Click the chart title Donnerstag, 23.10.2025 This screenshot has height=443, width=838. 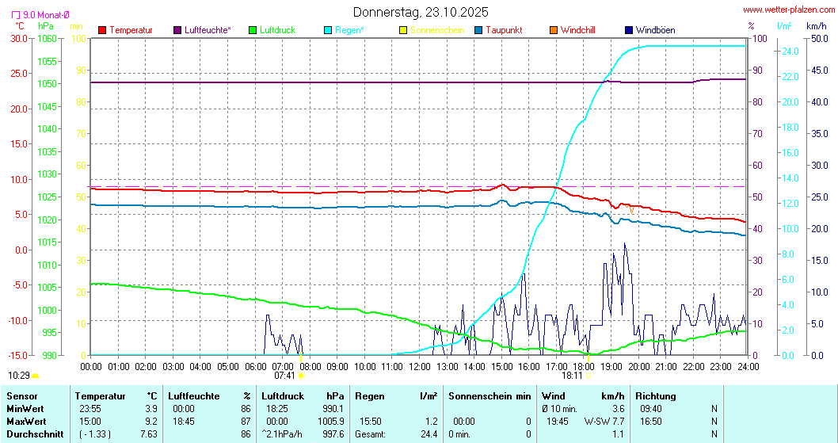click(x=420, y=12)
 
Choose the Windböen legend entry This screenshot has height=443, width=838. click(x=655, y=30)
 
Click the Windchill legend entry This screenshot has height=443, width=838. click(x=577, y=30)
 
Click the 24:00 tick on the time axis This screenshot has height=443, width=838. click(x=746, y=367)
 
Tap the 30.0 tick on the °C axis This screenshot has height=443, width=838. click(x=19, y=38)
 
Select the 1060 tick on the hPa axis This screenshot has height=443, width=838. click(x=48, y=38)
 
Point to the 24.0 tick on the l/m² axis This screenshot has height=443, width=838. click(x=789, y=52)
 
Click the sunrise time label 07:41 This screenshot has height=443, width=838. click(x=284, y=376)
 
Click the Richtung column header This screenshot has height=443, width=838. click(x=656, y=395)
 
